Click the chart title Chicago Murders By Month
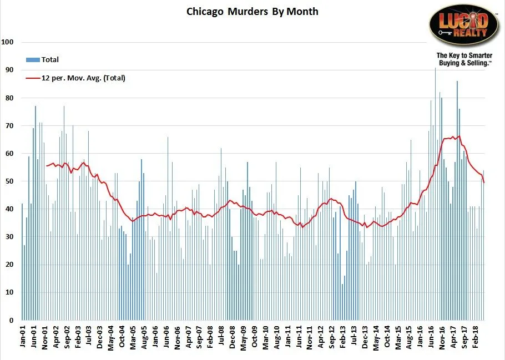tap(252, 11)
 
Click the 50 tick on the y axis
tap(9, 181)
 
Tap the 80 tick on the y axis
tap(9, 98)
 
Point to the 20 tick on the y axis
tap(9, 265)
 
